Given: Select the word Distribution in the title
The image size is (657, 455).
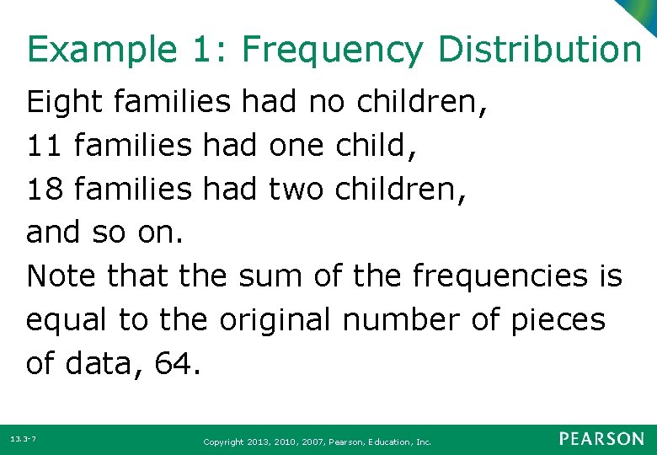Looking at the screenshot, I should click(539, 50).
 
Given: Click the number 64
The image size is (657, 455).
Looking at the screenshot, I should click(178, 364).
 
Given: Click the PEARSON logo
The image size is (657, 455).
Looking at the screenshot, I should click(602, 439).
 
